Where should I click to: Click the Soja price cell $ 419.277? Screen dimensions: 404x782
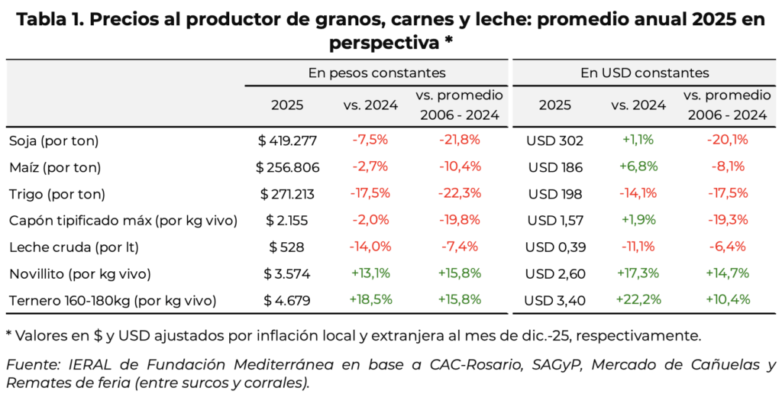[287, 141]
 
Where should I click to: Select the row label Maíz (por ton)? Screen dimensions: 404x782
[55, 167]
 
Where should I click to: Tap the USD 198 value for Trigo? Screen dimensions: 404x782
[554, 194]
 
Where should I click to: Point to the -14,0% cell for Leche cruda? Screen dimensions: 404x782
[370, 247]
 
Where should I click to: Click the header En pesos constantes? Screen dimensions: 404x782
[376, 73]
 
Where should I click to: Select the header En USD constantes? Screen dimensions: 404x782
[645, 73]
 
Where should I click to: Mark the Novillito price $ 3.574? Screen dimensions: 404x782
[287, 273]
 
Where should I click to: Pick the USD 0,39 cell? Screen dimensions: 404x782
[554, 247]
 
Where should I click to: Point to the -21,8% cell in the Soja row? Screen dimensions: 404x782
[459, 140]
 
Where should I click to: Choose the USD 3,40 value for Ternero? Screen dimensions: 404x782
[554, 300]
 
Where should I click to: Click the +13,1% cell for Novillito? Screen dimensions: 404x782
[370, 273]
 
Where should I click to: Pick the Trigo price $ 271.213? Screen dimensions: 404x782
[287, 194]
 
